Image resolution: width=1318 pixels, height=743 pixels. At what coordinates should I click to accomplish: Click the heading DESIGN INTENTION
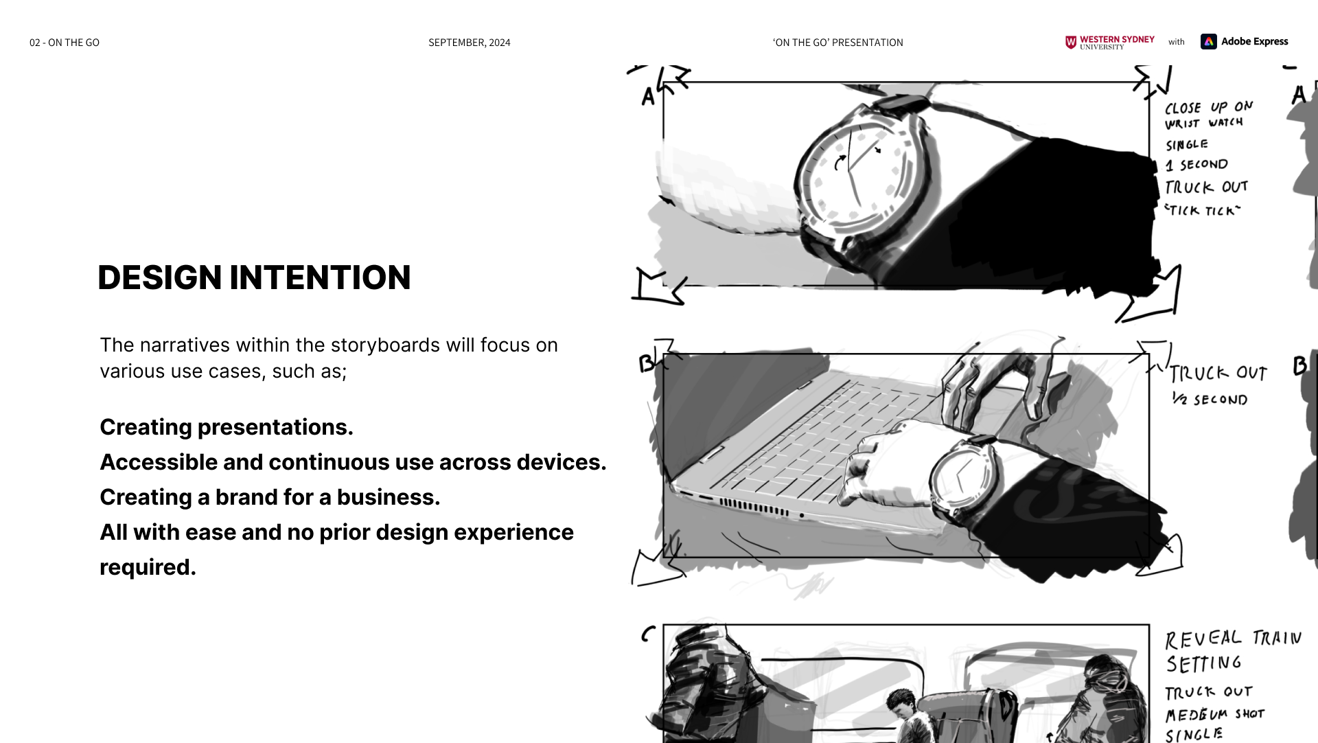(x=254, y=277)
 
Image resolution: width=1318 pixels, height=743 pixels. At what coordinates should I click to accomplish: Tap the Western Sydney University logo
(x=1109, y=42)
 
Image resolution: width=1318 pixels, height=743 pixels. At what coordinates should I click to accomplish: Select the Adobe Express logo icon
(x=1208, y=41)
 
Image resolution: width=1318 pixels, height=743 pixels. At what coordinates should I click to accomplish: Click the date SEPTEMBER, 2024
(x=470, y=43)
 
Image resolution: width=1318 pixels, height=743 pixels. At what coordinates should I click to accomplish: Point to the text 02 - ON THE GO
(x=65, y=43)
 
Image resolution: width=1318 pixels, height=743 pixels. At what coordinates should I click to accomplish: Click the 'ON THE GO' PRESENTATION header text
(x=837, y=43)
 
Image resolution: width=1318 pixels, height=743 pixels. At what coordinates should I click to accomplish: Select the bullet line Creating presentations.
(x=227, y=427)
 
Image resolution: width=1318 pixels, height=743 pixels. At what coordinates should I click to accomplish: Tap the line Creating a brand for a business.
(x=270, y=497)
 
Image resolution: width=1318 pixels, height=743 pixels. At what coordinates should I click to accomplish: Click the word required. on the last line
(x=148, y=567)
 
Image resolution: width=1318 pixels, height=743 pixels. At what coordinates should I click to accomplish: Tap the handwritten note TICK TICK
(x=1203, y=210)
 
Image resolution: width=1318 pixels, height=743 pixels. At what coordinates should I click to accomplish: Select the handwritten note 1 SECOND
(x=1196, y=165)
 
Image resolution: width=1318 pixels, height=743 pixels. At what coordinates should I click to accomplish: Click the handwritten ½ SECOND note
(x=1210, y=399)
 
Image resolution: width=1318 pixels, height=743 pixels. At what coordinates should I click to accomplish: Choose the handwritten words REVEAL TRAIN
(x=1234, y=639)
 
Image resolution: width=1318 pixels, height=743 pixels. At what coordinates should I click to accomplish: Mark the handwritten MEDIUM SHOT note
(x=1215, y=714)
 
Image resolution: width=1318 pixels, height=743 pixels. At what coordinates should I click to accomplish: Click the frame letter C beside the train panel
(x=648, y=634)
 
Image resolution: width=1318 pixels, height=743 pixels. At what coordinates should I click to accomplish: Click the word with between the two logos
(x=1177, y=42)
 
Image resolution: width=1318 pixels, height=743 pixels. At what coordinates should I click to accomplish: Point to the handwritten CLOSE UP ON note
(x=1209, y=107)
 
